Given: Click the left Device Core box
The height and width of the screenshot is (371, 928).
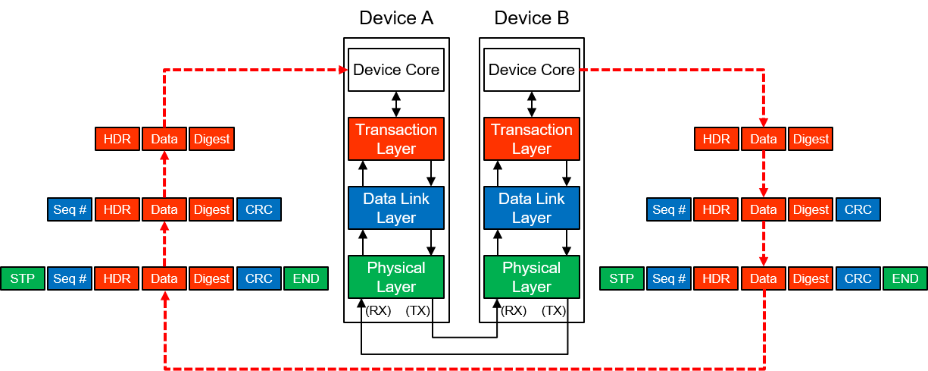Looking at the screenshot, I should (396, 70).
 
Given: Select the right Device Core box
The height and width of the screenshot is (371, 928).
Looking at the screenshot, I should (532, 70).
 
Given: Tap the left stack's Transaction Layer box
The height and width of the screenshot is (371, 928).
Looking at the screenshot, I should (396, 139).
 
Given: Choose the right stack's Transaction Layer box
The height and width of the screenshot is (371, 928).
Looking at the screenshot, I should (532, 139).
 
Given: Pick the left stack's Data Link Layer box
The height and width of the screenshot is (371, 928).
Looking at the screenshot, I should (396, 208).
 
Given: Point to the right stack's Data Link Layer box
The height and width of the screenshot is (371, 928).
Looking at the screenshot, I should (532, 208).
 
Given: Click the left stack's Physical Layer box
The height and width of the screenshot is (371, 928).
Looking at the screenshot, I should (396, 277).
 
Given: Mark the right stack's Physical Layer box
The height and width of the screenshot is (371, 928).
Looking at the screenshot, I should (532, 277).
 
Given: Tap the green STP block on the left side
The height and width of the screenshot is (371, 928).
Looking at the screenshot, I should (23, 278).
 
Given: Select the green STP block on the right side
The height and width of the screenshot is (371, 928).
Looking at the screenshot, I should (622, 278).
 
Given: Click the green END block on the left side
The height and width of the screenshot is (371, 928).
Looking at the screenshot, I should (306, 278).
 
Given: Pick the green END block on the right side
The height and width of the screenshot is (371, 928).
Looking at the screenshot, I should (905, 278).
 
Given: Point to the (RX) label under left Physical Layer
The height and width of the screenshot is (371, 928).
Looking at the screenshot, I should (378, 310).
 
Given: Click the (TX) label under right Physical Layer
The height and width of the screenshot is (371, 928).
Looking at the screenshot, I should (554, 310).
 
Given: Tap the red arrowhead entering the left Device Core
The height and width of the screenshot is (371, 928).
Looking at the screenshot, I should (342, 70).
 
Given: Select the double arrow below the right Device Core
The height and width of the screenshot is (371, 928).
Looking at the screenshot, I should (532, 101).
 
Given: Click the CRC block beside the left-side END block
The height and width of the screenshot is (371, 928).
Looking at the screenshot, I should (259, 278).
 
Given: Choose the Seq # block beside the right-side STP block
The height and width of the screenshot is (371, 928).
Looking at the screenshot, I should (669, 278).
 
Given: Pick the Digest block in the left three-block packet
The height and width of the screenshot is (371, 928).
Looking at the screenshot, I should (211, 140).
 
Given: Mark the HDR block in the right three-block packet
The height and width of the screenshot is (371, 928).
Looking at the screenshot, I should (716, 140).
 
